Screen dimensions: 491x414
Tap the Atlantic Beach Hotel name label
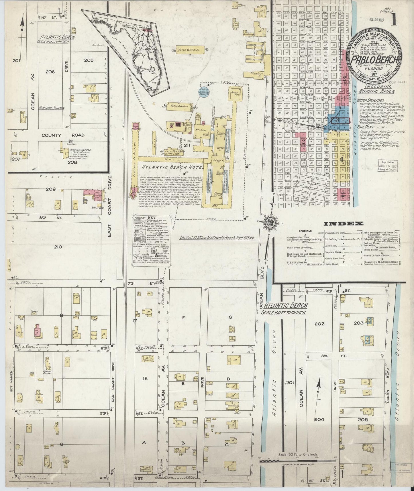point(171,167)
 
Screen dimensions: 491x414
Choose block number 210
point(58,246)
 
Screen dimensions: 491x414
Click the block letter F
point(183,317)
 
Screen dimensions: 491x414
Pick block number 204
point(319,419)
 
